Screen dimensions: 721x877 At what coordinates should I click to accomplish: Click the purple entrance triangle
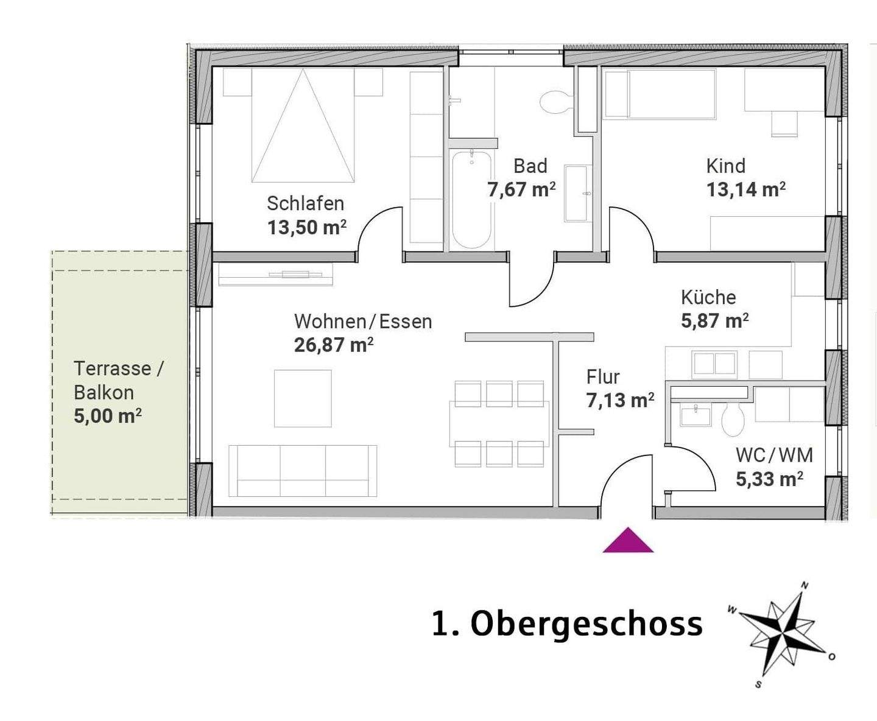628,541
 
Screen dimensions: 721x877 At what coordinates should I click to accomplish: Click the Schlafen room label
305,203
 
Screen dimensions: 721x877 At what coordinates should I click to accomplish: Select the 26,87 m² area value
333,345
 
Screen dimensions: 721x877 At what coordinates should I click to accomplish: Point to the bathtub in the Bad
471,200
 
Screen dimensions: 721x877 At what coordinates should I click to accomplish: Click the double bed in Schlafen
303,125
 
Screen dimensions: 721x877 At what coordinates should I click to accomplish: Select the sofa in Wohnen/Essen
303,471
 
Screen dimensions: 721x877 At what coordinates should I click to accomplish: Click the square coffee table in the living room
303,398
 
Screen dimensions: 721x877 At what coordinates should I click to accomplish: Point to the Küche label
708,297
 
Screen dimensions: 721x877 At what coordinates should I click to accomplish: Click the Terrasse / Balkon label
118,380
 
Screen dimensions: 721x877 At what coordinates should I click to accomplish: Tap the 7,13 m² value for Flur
620,401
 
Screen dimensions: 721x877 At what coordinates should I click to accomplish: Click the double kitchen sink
714,364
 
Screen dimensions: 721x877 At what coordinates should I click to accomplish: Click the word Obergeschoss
586,624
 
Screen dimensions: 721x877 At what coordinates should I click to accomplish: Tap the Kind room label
725,166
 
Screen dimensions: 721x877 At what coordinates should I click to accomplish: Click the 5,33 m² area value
769,479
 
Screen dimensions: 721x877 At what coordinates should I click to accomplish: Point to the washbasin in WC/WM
695,417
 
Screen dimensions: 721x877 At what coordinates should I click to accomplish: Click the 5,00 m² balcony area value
108,417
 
